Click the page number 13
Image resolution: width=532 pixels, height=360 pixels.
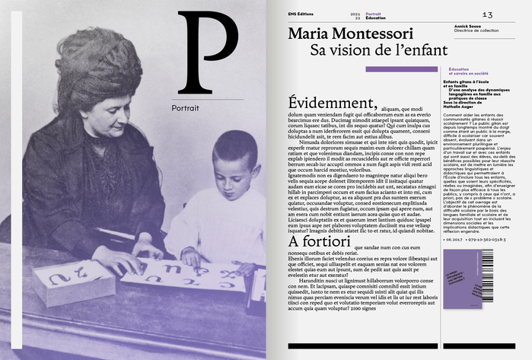[x=488, y=14]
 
